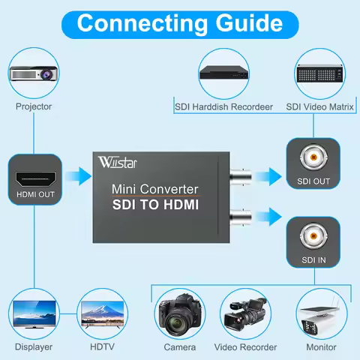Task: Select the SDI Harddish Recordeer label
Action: [x=224, y=106]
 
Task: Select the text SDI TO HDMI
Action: [x=154, y=205]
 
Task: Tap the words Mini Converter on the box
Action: [x=154, y=188]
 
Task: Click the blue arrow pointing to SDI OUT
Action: [x=266, y=178]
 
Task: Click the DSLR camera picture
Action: [x=180, y=313]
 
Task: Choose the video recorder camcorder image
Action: [x=245, y=313]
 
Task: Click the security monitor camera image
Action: [x=320, y=313]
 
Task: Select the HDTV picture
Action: [x=103, y=313]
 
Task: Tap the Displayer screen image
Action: [x=34, y=313]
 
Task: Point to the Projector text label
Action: [x=34, y=106]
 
